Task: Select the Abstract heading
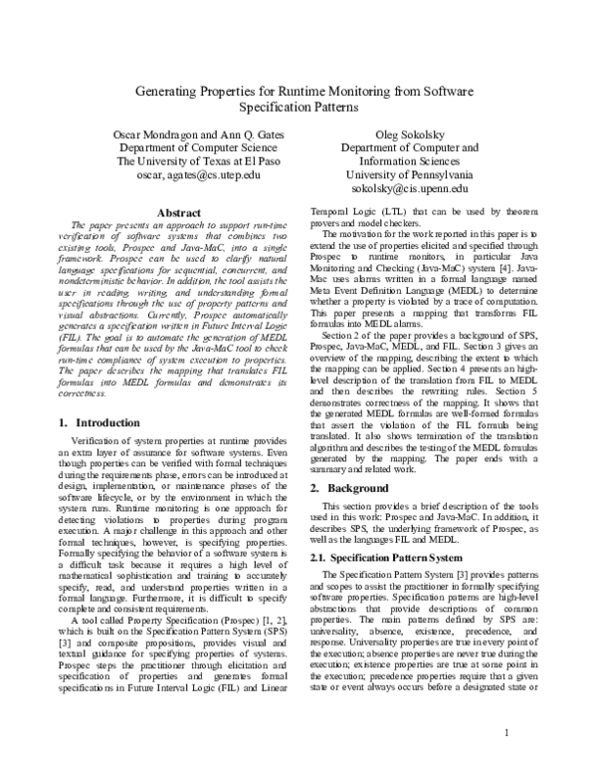tap(182, 212)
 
